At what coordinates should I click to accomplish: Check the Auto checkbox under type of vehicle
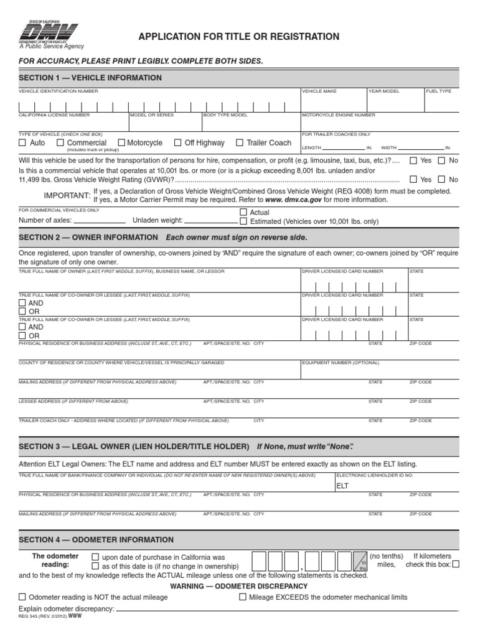coord(23,143)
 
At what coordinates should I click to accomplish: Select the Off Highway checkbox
coord(179,143)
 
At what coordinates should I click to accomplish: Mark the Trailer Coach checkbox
coord(240,143)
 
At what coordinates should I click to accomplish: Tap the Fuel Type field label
coord(439,91)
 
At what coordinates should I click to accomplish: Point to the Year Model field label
coord(383,91)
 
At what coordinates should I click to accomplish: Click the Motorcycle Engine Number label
coord(339,115)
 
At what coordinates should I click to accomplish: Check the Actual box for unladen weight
coord(243,213)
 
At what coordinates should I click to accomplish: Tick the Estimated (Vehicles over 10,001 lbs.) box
coord(243,221)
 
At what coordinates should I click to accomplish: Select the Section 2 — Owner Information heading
coord(88,238)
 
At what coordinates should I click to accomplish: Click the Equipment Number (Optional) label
coord(340,362)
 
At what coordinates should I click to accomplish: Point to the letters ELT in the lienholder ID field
coord(342,485)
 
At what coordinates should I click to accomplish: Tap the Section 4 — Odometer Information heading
coord(96,539)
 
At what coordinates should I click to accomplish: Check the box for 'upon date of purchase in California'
coord(95,557)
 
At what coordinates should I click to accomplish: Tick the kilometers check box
coord(456,565)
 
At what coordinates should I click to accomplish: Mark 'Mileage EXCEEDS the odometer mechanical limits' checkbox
coord(243,597)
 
